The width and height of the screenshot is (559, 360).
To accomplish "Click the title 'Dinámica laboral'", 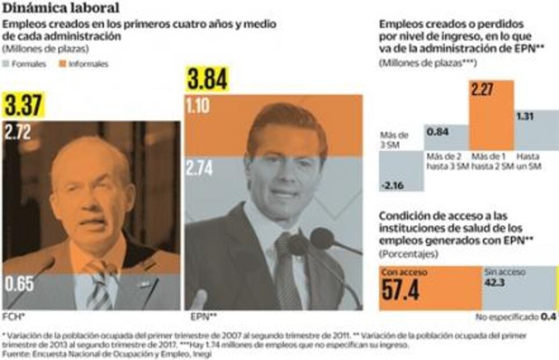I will coord(62,8).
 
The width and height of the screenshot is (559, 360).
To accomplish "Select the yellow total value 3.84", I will coord(207,80).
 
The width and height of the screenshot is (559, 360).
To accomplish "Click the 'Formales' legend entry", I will coord(27,64).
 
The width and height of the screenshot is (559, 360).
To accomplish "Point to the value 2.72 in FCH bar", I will coord(18,131).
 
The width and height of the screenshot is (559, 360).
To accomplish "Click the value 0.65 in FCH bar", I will coord(18,285).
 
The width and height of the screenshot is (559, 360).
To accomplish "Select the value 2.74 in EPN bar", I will coord(200,168).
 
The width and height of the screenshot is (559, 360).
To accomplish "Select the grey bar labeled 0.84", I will coord(446,137).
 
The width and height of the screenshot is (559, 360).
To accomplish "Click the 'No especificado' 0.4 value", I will coord(548,316).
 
